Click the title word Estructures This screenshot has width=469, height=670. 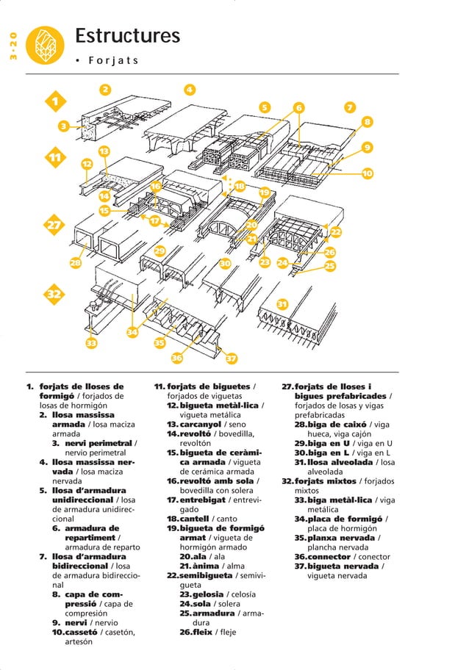coord(127,36)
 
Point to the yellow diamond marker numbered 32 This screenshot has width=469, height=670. coord(53,295)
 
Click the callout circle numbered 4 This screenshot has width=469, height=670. coord(189,90)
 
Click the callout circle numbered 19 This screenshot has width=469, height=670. coord(264,192)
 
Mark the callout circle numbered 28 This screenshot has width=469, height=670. coord(75,262)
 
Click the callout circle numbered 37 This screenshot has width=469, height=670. coord(230,359)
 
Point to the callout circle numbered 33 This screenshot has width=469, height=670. coord(91,342)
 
